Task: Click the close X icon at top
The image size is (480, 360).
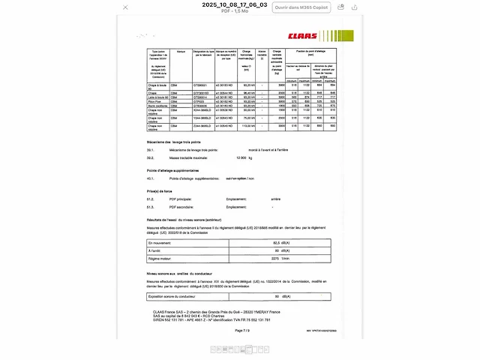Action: [125, 7]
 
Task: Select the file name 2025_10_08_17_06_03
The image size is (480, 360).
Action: [234, 4]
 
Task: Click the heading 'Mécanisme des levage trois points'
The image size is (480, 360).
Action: [175, 142]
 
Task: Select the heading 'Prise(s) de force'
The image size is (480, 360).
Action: [160, 192]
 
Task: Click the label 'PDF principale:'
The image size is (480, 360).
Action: [184, 199]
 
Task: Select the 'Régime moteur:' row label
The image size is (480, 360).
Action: [162, 258]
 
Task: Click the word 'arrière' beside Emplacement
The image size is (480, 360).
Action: [277, 199]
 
